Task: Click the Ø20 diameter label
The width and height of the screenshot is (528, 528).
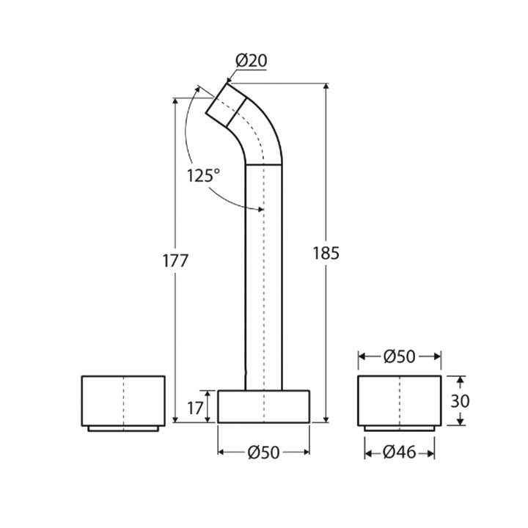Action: click(x=250, y=60)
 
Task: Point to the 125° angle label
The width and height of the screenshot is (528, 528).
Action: click(x=203, y=175)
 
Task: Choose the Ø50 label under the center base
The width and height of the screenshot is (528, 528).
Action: click(x=263, y=453)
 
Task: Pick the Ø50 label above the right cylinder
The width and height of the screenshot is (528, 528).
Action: click(x=400, y=357)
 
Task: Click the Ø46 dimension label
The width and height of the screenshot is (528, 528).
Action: click(x=400, y=453)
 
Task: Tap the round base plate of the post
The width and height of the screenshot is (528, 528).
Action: click(x=263, y=407)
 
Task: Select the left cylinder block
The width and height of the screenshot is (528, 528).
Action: click(x=123, y=400)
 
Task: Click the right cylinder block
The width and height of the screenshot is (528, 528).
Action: click(x=400, y=400)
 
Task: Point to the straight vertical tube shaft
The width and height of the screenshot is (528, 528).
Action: click(x=263, y=279)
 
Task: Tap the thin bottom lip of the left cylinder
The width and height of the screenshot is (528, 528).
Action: click(x=123, y=428)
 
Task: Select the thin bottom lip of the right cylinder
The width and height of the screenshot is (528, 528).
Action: click(x=400, y=428)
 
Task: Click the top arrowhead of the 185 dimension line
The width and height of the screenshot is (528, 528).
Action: click(x=326, y=87)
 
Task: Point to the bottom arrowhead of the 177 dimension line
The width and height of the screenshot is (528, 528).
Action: click(x=176, y=419)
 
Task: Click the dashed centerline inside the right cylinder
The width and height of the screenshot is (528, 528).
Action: click(x=400, y=400)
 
